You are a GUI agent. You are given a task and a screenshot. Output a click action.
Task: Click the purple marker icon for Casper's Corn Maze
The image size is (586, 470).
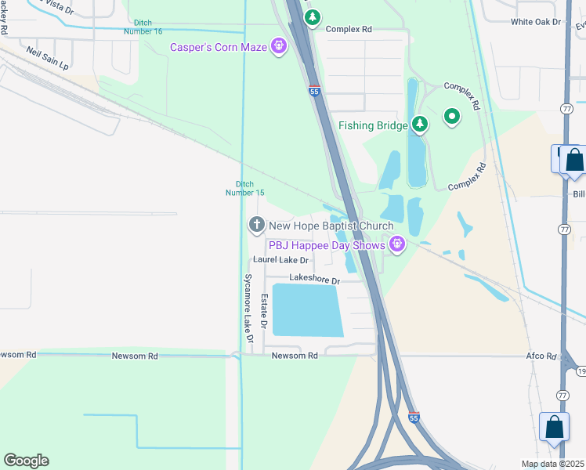click(x=278, y=47)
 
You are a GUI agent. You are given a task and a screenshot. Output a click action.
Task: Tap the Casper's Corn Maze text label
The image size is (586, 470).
click(x=219, y=48)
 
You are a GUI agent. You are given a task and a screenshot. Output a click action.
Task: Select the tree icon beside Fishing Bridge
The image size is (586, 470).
click(x=421, y=125)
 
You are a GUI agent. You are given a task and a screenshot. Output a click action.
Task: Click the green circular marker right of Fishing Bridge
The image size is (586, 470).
click(x=451, y=117)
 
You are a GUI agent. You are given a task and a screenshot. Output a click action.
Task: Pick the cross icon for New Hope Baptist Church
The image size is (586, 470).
click(x=256, y=226)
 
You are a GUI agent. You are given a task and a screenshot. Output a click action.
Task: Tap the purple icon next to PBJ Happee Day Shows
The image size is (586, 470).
click(x=397, y=245)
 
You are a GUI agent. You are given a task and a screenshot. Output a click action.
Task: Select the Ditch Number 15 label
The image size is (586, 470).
click(x=245, y=189)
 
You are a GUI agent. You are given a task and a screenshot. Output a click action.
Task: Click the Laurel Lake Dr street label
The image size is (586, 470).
click(x=280, y=260)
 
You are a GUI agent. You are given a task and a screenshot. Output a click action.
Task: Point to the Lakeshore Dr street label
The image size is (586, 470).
click(x=314, y=279)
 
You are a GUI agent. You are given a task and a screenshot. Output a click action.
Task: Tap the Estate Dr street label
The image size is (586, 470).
click(x=265, y=311)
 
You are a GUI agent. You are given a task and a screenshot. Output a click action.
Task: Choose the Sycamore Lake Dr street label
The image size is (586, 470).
click(x=248, y=309)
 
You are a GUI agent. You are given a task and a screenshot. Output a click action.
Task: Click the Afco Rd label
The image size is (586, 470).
click(x=541, y=356)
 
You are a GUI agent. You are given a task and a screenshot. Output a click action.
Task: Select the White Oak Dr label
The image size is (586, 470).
click(x=537, y=22)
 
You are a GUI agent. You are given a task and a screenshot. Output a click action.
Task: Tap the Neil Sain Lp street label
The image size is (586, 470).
click(x=47, y=59)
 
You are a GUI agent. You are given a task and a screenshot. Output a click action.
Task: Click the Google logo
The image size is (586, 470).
click(x=26, y=461)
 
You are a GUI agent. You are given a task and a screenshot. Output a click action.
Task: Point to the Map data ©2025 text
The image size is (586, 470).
click(x=552, y=464)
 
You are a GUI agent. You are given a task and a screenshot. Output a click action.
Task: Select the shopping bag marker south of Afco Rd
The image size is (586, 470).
click(x=554, y=428)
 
